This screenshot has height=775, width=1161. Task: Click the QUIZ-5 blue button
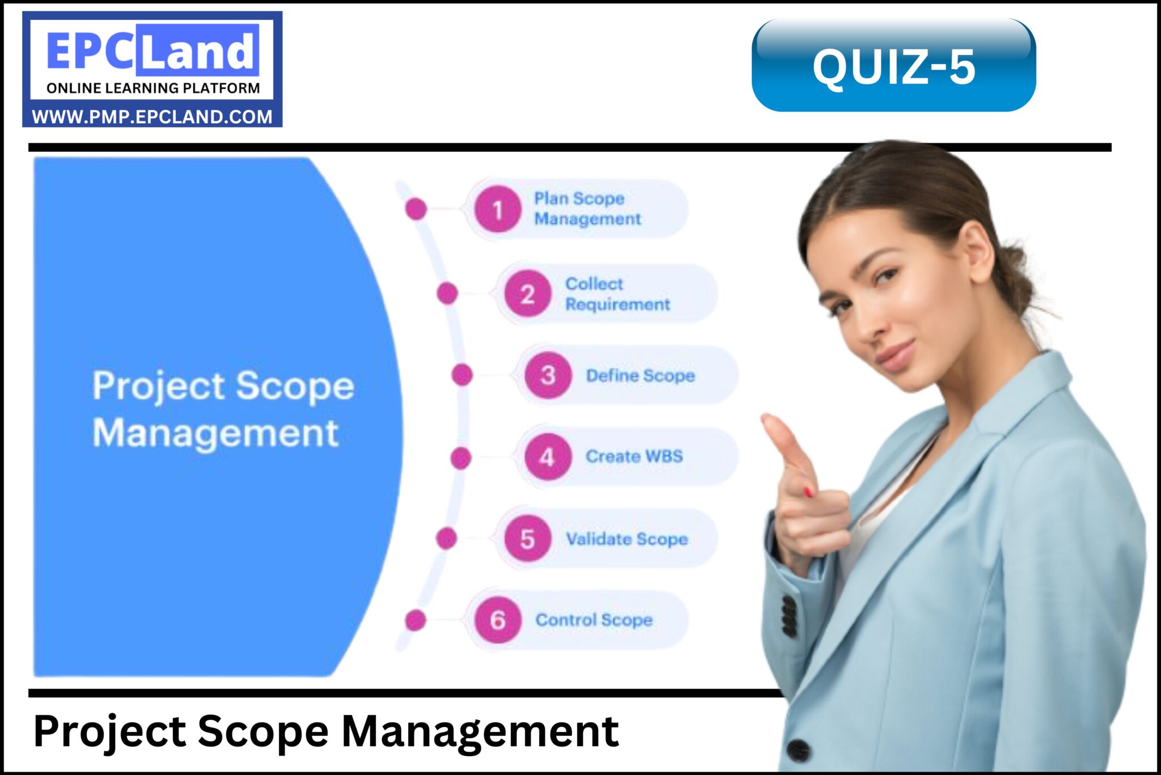click(x=893, y=65)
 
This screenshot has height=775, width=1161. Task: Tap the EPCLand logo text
click(x=152, y=50)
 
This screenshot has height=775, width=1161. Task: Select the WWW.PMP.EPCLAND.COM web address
click(x=152, y=117)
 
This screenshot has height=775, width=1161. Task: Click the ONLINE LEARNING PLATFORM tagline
click(x=153, y=88)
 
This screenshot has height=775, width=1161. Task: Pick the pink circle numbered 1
click(x=497, y=210)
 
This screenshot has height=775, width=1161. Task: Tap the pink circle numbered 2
click(x=527, y=294)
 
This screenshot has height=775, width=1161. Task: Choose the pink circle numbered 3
click(x=548, y=375)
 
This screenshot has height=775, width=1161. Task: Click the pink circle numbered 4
click(x=547, y=457)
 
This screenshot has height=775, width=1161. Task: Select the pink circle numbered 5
click(x=527, y=539)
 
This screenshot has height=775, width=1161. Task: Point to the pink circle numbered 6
click(x=497, y=620)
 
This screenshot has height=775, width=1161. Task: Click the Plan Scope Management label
click(x=587, y=209)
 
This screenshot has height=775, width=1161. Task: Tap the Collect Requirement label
click(x=617, y=294)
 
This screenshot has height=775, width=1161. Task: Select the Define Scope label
click(x=640, y=375)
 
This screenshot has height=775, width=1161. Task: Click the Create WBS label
click(x=634, y=456)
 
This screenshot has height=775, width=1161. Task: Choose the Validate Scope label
click(x=626, y=539)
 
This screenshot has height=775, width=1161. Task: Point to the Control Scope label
click(x=594, y=620)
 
